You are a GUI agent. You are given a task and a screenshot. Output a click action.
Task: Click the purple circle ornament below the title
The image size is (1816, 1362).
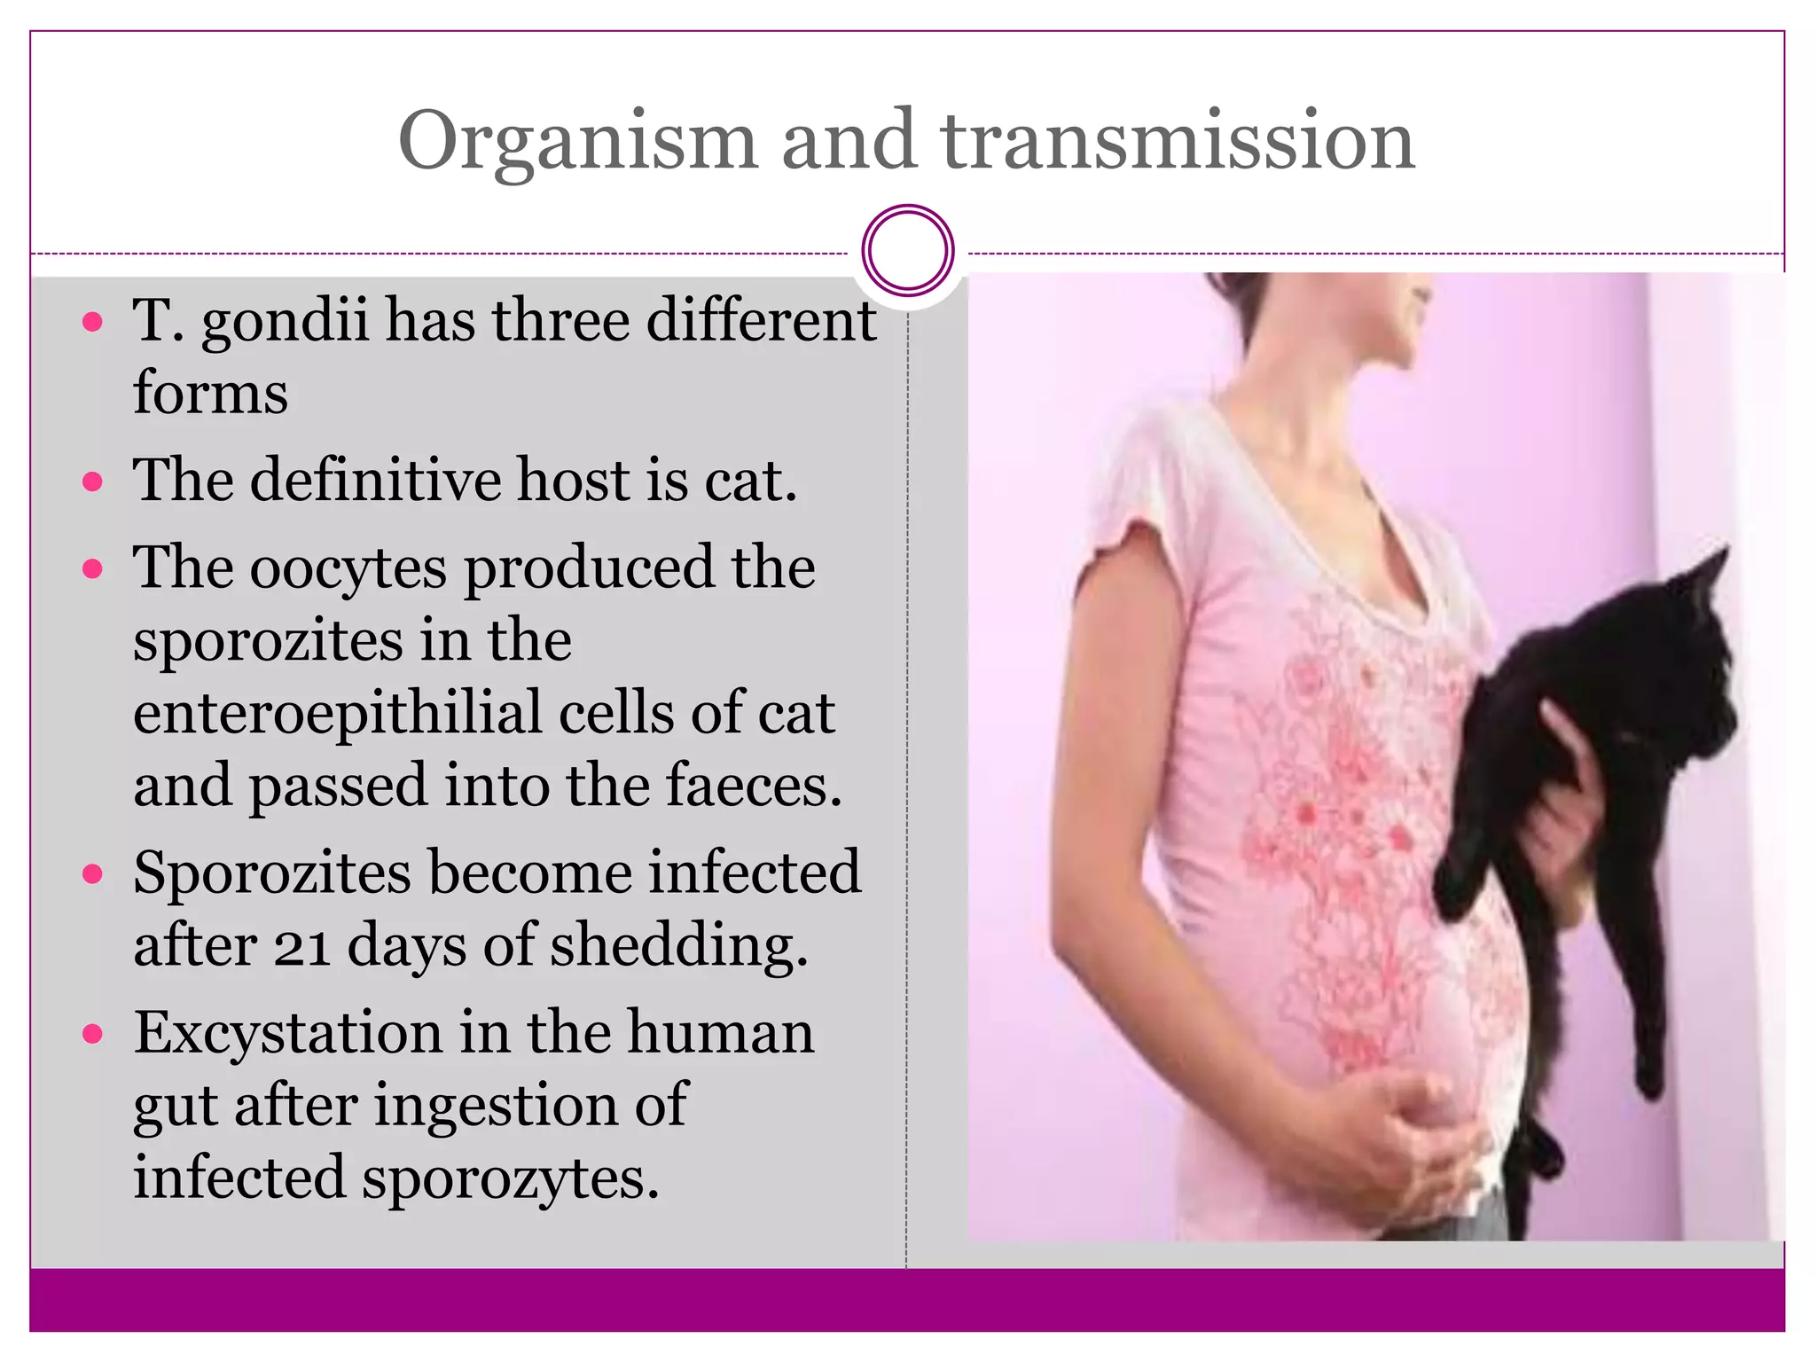[x=907, y=251]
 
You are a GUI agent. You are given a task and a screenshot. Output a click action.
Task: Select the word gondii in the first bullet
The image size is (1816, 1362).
[x=285, y=321]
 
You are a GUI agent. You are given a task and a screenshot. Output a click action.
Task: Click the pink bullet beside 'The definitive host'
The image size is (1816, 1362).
[x=92, y=481]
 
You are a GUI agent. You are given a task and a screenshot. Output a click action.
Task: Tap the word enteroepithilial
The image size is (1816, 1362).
[x=337, y=713]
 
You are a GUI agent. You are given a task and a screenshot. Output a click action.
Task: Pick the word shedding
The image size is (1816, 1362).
[x=678, y=946]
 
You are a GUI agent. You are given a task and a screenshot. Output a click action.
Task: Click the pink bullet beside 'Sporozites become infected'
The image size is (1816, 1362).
[x=92, y=874]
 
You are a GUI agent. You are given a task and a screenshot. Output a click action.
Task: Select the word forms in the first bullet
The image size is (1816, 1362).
[x=210, y=393]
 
